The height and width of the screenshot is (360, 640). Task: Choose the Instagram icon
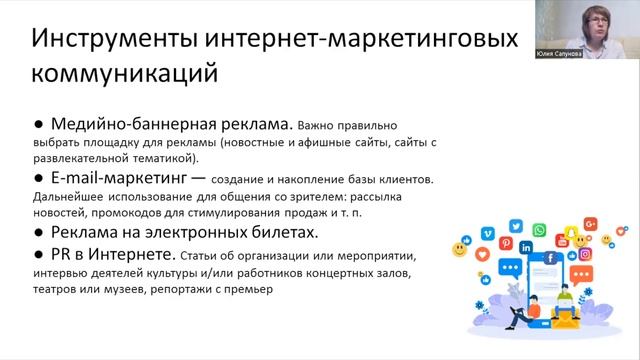(585, 254)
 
